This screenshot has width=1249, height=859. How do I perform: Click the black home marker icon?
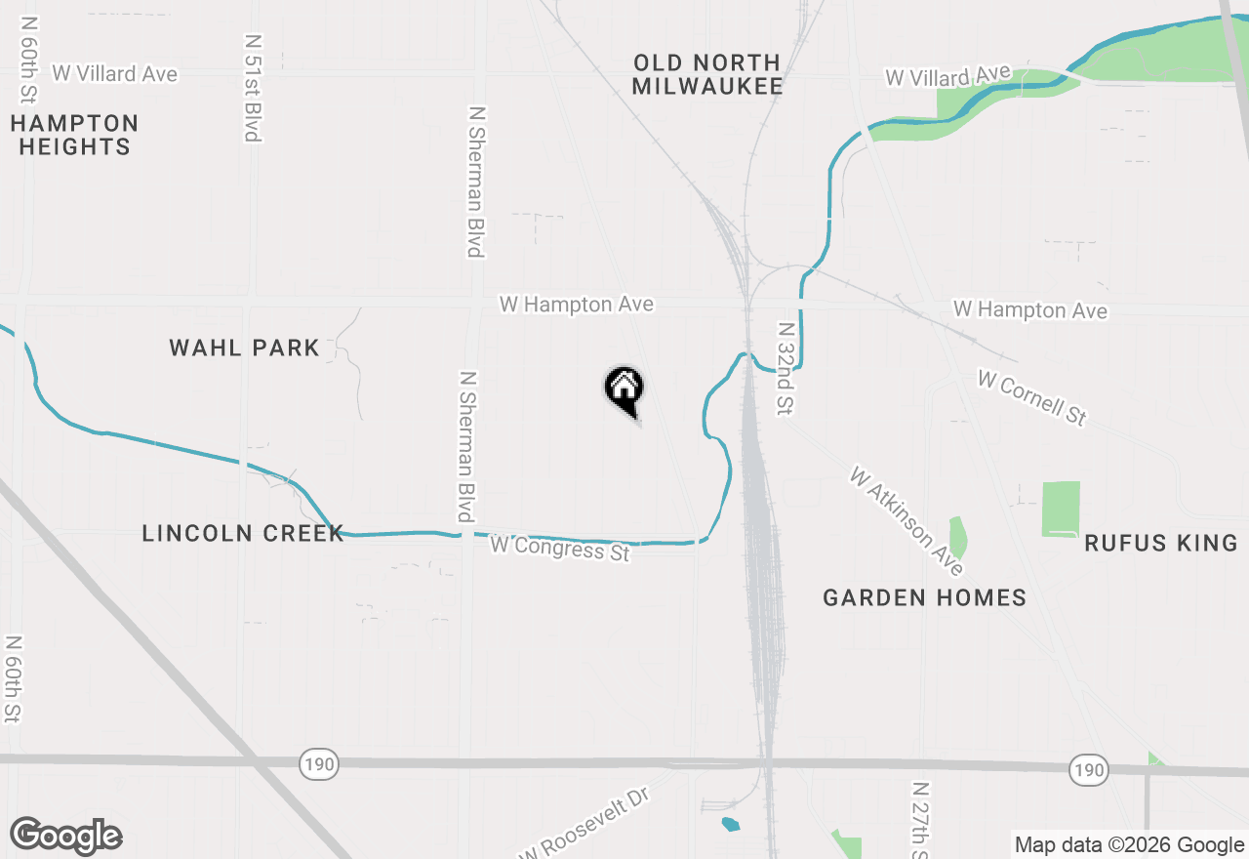[x=624, y=389]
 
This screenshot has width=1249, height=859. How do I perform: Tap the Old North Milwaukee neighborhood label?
[x=706, y=74]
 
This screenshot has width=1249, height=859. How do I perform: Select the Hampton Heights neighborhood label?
[x=75, y=135]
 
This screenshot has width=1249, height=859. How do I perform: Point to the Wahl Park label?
[x=244, y=348]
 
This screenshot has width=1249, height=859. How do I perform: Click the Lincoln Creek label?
[x=243, y=533]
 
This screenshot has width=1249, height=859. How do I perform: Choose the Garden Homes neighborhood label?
[x=924, y=597]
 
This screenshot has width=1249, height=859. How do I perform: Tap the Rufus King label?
[x=1160, y=543]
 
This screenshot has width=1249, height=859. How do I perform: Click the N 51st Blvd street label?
[x=253, y=88]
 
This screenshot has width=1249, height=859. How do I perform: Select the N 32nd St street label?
[x=784, y=370]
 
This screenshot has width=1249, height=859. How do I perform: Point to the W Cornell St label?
[x=1031, y=397]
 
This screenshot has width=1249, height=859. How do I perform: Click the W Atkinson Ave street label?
[x=907, y=521]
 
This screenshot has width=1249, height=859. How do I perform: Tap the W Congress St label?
[x=560, y=548]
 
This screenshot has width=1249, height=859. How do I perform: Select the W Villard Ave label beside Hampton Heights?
[x=115, y=73]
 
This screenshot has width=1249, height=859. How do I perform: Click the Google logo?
[x=65, y=836]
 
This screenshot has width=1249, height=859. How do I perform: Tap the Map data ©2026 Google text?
[x=1129, y=845]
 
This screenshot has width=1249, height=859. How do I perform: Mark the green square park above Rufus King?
[x=1061, y=509]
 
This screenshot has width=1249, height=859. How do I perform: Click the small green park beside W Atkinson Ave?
[x=958, y=538]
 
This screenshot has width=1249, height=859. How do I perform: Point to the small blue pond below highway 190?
[x=731, y=824]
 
